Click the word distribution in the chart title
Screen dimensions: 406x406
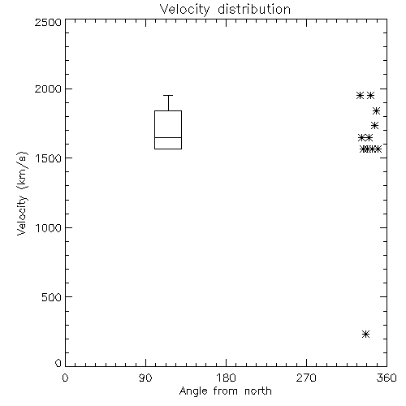[x=254, y=10]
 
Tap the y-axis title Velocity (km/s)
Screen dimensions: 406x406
[x=22, y=194]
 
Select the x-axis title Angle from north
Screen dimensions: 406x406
[x=225, y=391]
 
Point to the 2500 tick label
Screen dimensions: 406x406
[x=48, y=22]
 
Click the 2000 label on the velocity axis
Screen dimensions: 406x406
[x=48, y=89]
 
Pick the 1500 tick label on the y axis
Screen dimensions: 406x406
[x=49, y=158]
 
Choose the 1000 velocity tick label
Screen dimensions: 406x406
[x=49, y=228]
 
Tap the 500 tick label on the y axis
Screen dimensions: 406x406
[x=52, y=297]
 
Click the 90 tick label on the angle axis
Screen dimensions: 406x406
[x=145, y=378]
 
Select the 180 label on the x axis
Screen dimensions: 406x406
[x=226, y=378]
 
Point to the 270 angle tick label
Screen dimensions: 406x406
[x=306, y=378]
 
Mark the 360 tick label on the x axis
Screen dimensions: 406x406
[x=387, y=378]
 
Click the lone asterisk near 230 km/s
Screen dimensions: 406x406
[x=365, y=335]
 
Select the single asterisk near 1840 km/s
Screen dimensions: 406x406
[x=376, y=111]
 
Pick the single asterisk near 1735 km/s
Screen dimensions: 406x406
[x=374, y=126]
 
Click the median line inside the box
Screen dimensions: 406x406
[x=168, y=137]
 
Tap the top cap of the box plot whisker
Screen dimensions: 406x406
[x=168, y=95]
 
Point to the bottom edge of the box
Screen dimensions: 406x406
[x=168, y=149]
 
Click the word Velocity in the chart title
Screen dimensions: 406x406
[x=185, y=10]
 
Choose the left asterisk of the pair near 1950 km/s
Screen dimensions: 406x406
[x=360, y=95]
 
